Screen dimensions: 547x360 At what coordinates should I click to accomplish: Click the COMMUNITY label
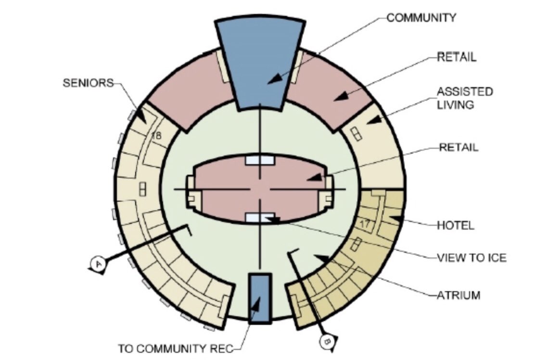(x=421, y=18)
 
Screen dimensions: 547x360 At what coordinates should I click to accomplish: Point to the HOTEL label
(x=455, y=225)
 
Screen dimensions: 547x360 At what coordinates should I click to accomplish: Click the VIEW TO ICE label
(x=471, y=258)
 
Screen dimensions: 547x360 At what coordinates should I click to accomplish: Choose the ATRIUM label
(x=458, y=295)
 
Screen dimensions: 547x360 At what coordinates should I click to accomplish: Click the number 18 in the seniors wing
(x=156, y=136)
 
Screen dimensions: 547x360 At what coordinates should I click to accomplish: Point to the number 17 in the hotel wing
(x=364, y=223)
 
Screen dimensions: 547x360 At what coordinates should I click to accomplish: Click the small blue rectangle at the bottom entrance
(x=260, y=296)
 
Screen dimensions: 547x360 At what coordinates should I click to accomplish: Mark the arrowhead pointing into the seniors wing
(x=141, y=116)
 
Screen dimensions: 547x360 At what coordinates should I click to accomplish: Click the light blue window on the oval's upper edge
(x=260, y=160)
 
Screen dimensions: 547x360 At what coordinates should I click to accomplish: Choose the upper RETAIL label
(x=457, y=57)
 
